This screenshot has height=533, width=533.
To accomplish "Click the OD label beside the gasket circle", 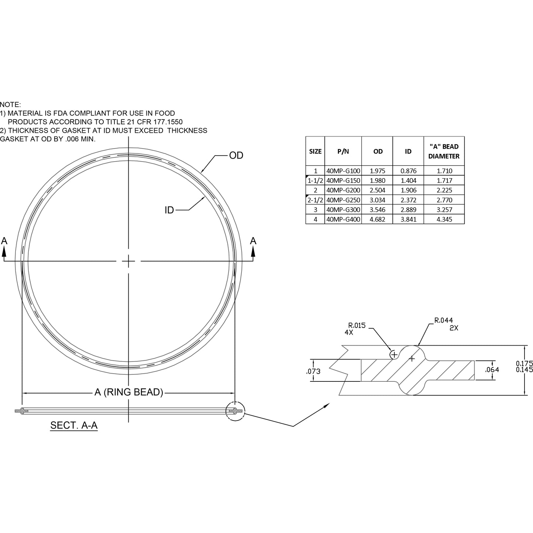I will [x=236, y=156].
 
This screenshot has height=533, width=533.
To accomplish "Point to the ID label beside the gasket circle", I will [x=169, y=210].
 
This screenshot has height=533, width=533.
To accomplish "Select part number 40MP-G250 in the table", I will [x=343, y=200].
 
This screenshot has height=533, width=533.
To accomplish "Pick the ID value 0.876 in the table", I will [x=408, y=171].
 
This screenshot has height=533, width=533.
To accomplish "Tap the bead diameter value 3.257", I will [x=444, y=210].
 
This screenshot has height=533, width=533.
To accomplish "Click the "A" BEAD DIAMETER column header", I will [x=444, y=151].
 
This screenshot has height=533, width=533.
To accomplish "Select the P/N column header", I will [x=343, y=151].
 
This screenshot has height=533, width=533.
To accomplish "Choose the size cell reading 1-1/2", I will [x=315, y=181].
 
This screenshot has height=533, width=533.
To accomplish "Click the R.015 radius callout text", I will [x=357, y=325].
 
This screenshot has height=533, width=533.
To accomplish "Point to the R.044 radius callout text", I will [x=443, y=321].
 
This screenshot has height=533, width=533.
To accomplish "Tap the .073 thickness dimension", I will [x=314, y=371].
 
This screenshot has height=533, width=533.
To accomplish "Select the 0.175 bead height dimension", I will [x=524, y=364].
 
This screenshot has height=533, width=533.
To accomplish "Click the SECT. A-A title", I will [x=74, y=425].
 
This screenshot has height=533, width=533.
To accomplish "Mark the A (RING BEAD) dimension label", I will [x=129, y=392].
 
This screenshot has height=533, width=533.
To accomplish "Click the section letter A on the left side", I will [x=4, y=241].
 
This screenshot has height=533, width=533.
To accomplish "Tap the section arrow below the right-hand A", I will [x=253, y=252].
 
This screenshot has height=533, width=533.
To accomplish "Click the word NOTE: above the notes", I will [x=10, y=105].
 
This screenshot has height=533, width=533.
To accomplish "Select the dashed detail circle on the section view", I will [x=235, y=411].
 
